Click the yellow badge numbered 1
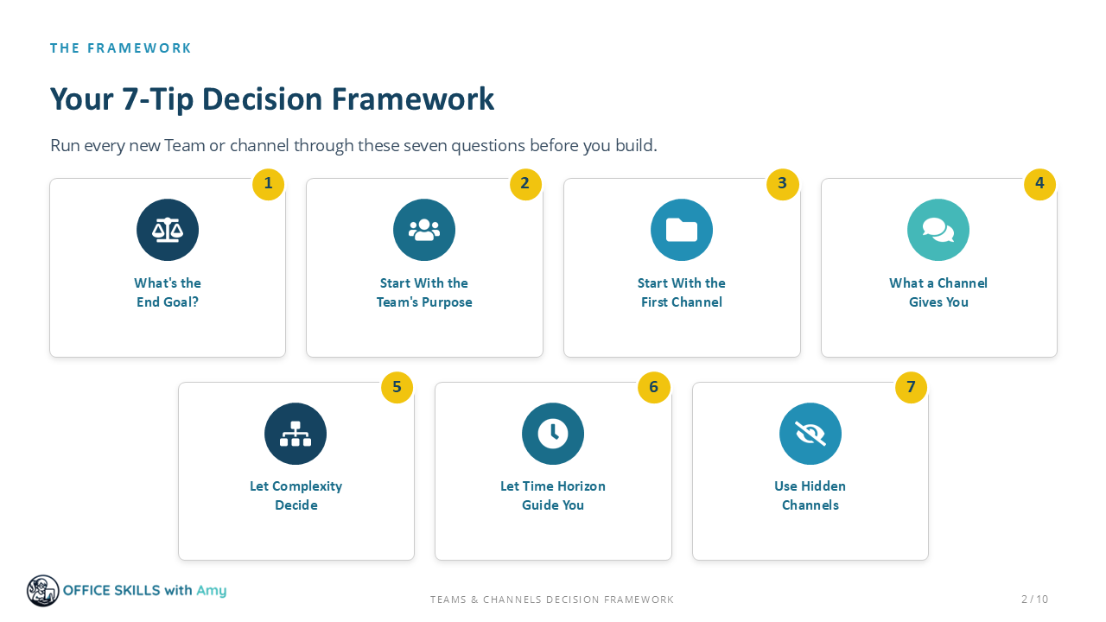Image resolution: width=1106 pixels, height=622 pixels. [x=268, y=184]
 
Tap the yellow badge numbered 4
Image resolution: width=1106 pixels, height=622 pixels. [x=1039, y=184]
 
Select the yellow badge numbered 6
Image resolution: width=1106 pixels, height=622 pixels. [x=654, y=388]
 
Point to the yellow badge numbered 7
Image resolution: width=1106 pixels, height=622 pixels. [x=911, y=388]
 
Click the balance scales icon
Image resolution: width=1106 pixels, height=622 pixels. [x=168, y=230]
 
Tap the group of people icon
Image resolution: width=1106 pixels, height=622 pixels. [x=424, y=230]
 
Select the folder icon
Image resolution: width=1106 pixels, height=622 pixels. [x=682, y=230]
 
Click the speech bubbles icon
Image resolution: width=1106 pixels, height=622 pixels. [x=938, y=230]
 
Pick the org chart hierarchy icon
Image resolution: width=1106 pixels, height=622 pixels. [x=296, y=434]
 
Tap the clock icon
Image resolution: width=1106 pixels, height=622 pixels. [x=552, y=434]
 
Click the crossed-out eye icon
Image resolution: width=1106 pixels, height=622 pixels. [x=810, y=434]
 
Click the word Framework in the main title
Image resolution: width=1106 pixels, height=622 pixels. [x=412, y=99]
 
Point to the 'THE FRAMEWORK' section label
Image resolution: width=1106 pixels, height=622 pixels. [x=120, y=48]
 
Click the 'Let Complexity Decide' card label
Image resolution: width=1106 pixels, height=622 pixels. [x=296, y=496]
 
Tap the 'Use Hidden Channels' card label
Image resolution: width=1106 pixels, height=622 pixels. [x=810, y=496]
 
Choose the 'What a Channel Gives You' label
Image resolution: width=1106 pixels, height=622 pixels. [x=938, y=292]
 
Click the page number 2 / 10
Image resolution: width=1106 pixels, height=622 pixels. [x=1034, y=600]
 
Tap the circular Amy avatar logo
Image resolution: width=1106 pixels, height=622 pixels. [x=43, y=591]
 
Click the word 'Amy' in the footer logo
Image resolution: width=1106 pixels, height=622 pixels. [x=212, y=591]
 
